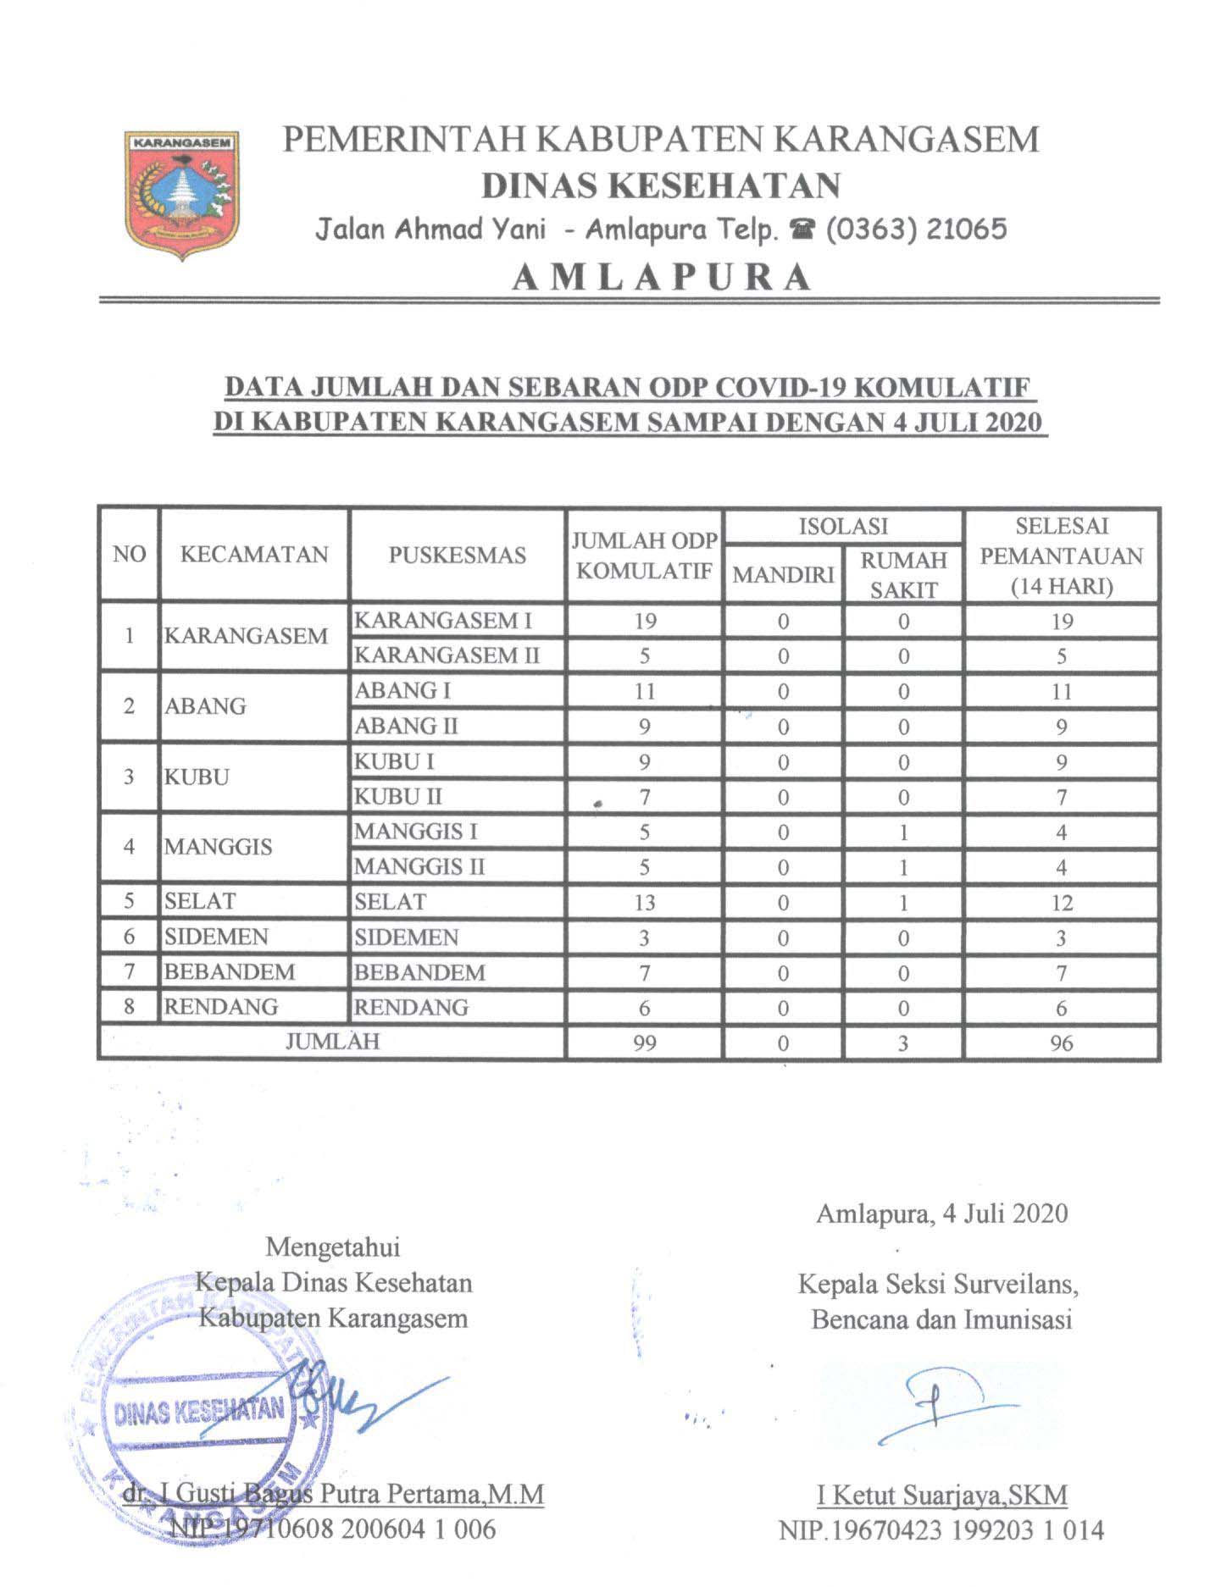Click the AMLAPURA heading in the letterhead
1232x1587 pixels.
662,277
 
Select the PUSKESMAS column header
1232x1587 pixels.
458,556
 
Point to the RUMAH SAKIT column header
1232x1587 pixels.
903,574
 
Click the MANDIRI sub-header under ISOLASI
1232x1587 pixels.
783,575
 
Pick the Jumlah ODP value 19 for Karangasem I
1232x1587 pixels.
644,621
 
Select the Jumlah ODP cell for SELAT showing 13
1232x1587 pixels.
644,903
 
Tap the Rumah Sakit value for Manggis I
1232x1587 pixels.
903,832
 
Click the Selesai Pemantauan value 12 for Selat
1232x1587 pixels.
1061,903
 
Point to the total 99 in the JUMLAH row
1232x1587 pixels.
644,1042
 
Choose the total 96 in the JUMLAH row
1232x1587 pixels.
1061,1042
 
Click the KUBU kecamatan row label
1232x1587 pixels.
197,777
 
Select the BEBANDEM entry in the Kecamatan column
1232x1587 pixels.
230,972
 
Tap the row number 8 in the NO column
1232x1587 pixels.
129,1007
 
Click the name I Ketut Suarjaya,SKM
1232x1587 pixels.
941,1495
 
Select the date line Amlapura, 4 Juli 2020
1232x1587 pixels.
941,1214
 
